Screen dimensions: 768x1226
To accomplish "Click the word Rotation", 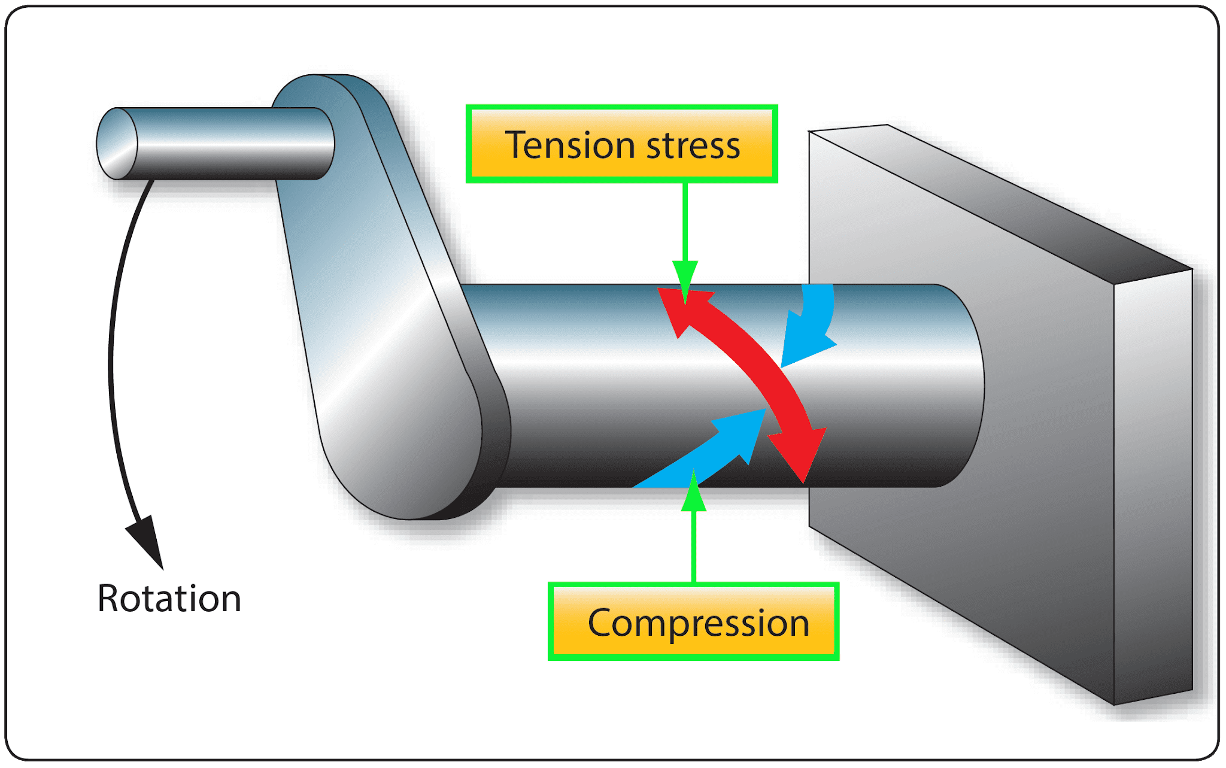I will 169,599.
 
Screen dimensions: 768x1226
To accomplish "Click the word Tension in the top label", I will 569,145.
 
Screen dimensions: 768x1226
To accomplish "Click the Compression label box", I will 693,623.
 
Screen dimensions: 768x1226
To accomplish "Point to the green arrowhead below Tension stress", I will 685,278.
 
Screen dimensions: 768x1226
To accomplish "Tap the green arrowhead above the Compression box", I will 694,494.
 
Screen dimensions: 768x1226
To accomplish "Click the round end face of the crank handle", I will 117,144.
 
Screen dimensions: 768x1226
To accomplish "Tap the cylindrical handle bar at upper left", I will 233,144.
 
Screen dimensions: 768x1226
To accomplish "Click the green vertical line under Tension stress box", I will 685,221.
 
